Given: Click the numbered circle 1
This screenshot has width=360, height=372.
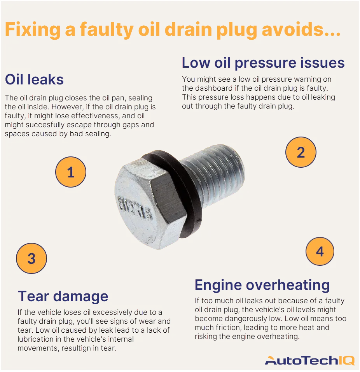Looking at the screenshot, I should tap(70, 172).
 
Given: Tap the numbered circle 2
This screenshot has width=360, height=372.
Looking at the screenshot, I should tap(301, 152).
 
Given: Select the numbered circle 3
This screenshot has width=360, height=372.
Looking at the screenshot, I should tap(31, 258).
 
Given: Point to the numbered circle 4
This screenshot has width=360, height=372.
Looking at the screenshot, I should tap(320, 251).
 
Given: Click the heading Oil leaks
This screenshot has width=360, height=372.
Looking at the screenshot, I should tap(34, 80).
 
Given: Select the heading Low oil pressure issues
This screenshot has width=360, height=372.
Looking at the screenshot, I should tap(263, 63).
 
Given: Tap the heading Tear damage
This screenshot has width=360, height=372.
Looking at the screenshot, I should tap(63, 297).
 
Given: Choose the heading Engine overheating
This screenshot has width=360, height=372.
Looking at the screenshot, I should tap(262, 285).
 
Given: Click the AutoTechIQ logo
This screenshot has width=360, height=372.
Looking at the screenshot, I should tap(309, 360).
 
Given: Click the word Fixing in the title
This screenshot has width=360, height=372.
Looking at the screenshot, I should tap(33, 30).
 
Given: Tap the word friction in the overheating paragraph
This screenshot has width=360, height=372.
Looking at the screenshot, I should tap(226, 328).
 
